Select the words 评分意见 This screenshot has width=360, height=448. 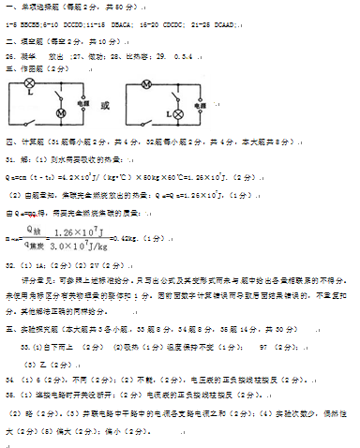pos(42,280)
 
